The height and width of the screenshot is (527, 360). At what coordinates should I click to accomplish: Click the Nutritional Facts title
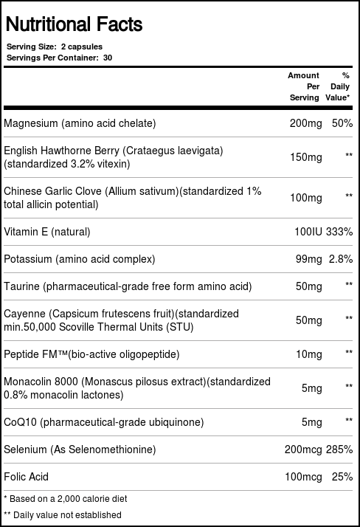[x=74, y=24]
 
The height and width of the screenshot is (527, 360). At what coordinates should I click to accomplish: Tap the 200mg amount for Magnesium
[x=306, y=123]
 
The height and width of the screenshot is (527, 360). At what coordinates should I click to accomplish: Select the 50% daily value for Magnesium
[x=342, y=123]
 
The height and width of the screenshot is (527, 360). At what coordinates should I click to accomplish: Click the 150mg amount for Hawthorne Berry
[x=306, y=157]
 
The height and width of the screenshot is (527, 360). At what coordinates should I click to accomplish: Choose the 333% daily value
[x=341, y=232]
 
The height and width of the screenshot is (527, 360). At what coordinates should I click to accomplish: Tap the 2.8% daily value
[x=341, y=259]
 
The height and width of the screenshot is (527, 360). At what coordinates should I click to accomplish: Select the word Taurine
[x=22, y=286]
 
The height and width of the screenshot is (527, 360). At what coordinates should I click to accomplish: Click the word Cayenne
[x=25, y=313]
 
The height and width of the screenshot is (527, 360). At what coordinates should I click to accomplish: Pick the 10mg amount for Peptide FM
[x=309, y=354]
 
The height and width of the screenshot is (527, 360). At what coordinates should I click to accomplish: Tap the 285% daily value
[x=341, y=449]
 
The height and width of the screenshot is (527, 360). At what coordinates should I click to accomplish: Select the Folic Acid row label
[x=27, y=477]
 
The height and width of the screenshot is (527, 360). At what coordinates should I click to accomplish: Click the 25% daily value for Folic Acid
[x=342, y=477]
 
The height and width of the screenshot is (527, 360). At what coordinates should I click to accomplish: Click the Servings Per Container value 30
[x=108, y=57]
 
